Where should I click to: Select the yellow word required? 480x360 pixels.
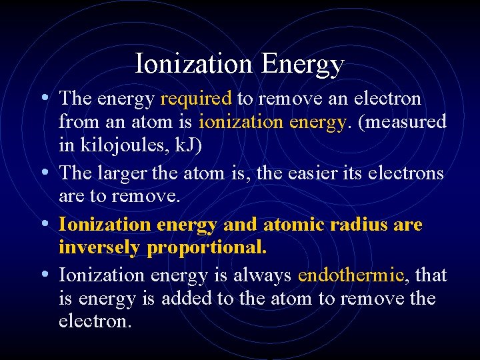point(196,99)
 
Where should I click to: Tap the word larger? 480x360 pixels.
point(123,174)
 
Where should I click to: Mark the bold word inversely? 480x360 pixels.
point(100,248)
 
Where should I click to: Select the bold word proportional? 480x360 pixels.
point(207,248)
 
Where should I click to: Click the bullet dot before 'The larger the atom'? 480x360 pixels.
point(43,172)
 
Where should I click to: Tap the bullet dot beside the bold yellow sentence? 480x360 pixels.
point(43,223)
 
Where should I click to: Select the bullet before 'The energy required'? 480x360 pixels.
point(43,97)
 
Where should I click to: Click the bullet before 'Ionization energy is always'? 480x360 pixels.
point(43,273)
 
